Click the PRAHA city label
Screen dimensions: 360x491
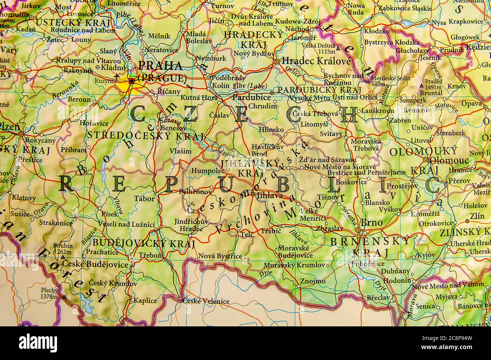click(160, 65)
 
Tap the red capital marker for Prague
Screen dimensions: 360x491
click(131, 81)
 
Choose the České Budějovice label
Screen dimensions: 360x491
click(95, 264)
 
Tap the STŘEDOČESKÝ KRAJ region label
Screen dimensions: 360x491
click(145, 135)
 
